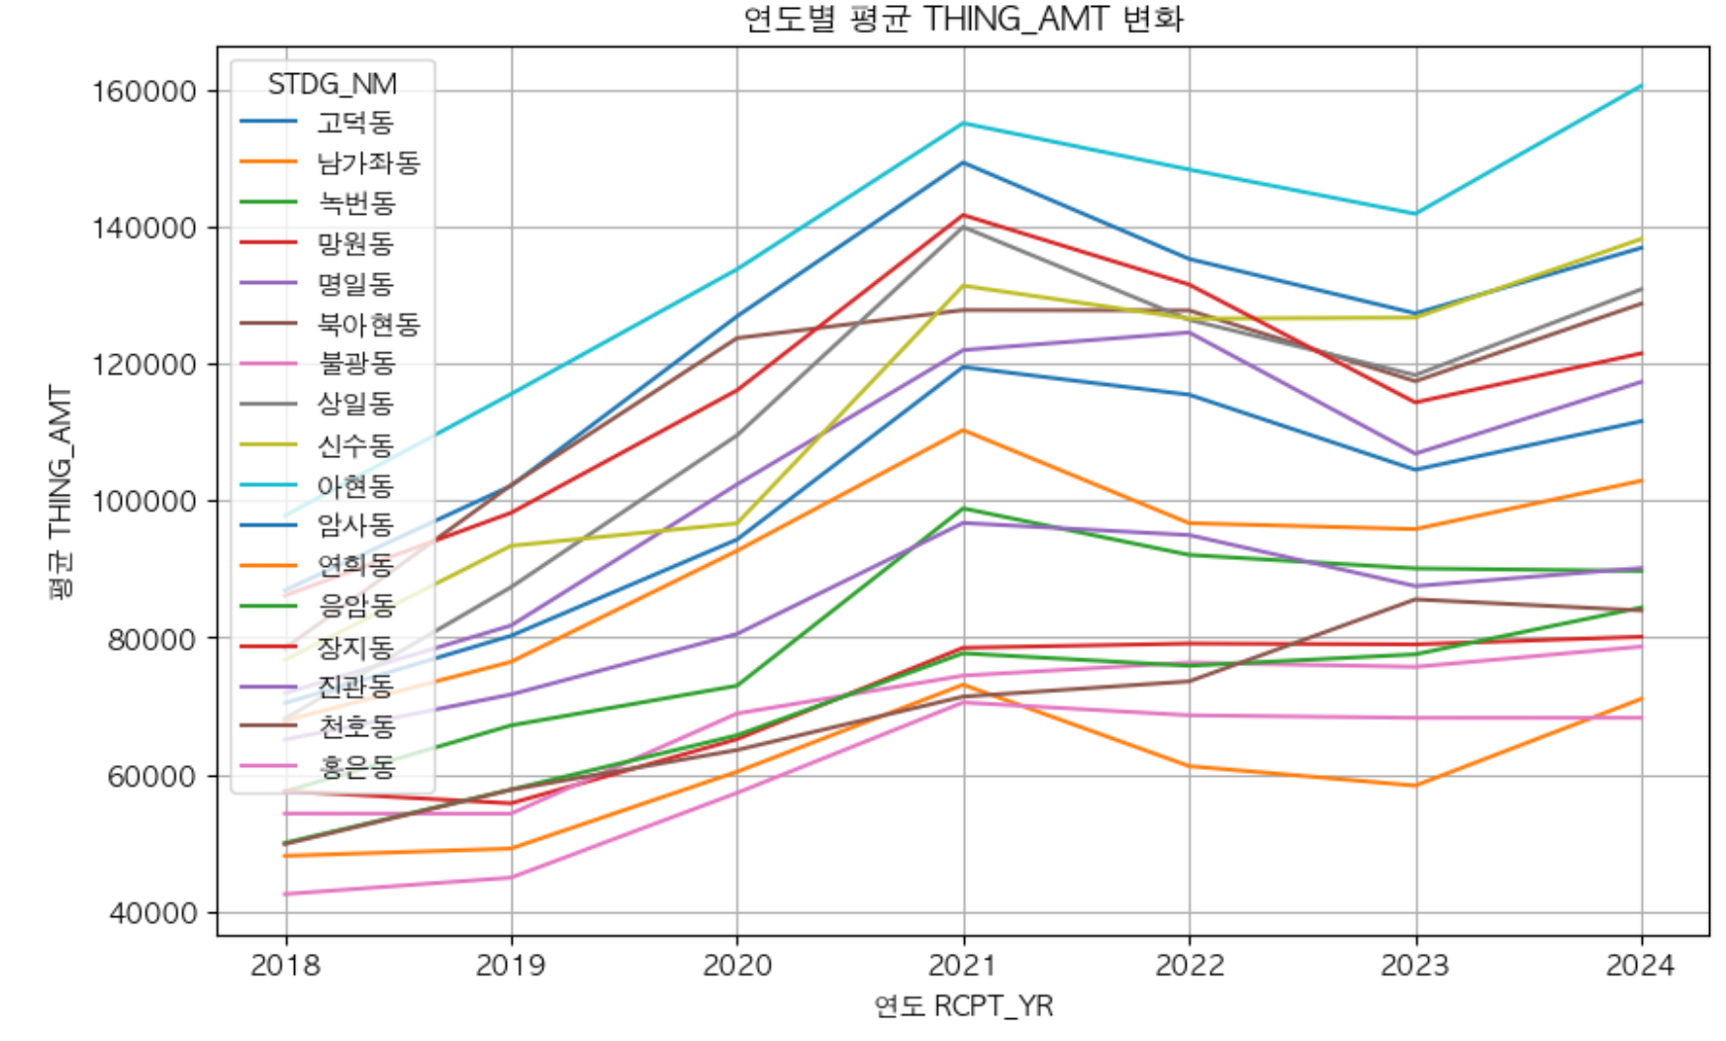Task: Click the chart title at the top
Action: click(x=963, y=19)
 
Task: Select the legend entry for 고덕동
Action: click(x=317, y=122)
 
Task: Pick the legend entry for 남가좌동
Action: click(x=330, y=162)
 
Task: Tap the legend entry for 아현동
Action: click(x=317, y=485)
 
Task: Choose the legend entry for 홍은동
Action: click(x=317, y=766)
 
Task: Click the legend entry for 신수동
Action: click(x=317, y=444)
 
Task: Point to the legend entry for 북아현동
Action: click(x=330, y=324)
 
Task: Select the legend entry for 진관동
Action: click(x=317, y=686)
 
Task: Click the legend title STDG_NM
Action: click(x=333, y=84)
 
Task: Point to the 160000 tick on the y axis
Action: click(x=144, y=91)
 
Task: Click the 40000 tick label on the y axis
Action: click(x=152, y=912)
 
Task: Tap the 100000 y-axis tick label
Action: click(x=144, y=502)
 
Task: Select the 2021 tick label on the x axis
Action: click(x=963, y=965)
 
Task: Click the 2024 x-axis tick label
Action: click(x=1641, y=965)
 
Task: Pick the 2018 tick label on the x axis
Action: click(x=285, y=965)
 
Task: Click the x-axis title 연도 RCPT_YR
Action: click(x=963, y=1006)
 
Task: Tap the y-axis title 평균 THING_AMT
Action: click(x=61, y=491)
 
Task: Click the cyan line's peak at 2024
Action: click(x=1641, y=86)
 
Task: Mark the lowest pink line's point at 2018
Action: click(x=286, y=894)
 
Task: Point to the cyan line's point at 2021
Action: click(x=964, y=123)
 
